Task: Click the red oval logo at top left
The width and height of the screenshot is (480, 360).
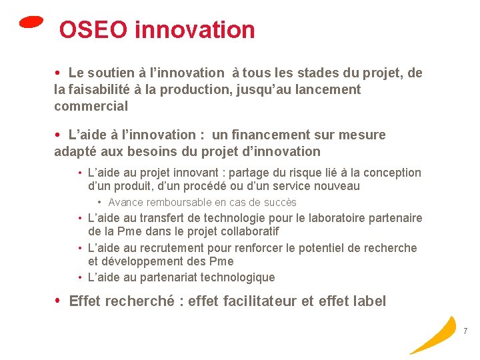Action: pyautogui.click(x=31, y=22)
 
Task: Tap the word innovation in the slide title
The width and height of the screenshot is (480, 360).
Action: pyautogui.click(x=195, y=30)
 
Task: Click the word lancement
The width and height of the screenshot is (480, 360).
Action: pyautogui.click(x=327, y=89)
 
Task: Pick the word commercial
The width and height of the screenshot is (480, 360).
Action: pyautogui.click(x=91, y=106)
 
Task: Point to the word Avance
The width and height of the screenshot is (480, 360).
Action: pyautogui.click(x=127, y=202)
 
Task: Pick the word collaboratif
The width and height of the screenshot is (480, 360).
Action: pyautogui.click(x=246, y=231)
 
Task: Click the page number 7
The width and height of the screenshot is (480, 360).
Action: pyautogui.click(x=465, y=331)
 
